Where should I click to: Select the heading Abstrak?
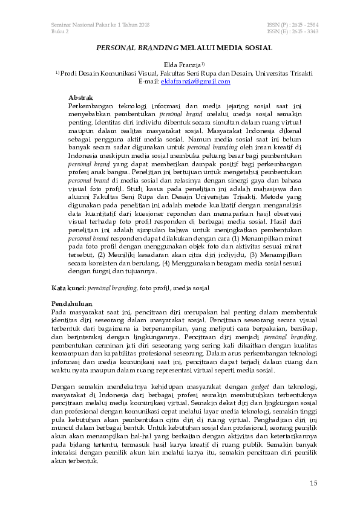tap(80, 97)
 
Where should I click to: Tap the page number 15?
tap(313, 482)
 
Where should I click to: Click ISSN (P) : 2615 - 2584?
tap(292, 24)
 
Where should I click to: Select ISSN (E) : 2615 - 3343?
tap(292, 31)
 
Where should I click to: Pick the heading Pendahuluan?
tap(71, 302)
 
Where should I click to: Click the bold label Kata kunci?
tap(67, 288)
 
